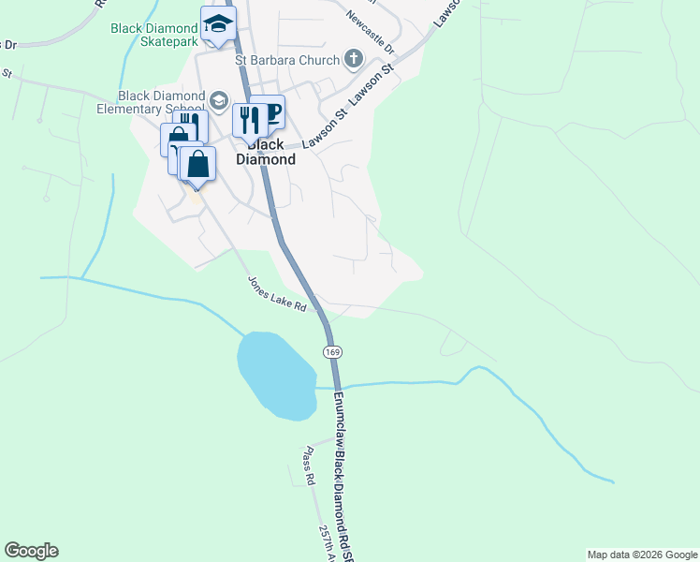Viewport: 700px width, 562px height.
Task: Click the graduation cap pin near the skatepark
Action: (x=218, y=24)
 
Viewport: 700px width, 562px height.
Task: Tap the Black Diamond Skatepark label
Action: (x=153, y=36)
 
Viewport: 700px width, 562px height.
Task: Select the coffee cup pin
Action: (x=270, y=113)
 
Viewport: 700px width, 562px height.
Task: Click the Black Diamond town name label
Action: (x=270, y=153)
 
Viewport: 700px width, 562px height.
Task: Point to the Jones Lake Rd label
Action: (x=277, y=293)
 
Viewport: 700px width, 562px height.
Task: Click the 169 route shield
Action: (x=331, y=351)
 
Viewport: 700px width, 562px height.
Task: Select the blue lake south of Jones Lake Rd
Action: (x=276, y=375)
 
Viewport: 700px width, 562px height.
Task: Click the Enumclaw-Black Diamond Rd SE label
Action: (x=341, y=468)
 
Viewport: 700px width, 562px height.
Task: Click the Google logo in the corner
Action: (x=31, y=551)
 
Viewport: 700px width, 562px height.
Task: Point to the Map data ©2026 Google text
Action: (x=642, y=555)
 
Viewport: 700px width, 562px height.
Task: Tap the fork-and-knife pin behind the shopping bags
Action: (x=188, y=126)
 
